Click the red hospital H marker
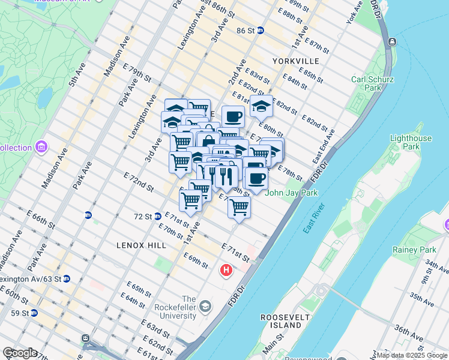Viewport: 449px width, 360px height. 226,271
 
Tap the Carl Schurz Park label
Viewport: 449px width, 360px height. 372,83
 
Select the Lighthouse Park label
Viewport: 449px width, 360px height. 411,142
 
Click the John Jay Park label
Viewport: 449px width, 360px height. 291,193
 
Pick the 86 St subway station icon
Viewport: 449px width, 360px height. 260,31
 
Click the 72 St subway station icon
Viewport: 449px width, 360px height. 157,216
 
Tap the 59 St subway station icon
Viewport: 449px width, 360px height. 34,313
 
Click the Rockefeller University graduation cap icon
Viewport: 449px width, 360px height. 205,307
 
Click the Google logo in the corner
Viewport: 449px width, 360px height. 20,353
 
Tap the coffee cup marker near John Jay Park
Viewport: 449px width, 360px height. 256,178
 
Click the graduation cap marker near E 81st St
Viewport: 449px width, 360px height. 261,106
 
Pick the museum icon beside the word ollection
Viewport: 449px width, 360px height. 41,147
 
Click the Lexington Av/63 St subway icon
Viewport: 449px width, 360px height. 67,278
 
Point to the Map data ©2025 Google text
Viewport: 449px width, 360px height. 412,355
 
